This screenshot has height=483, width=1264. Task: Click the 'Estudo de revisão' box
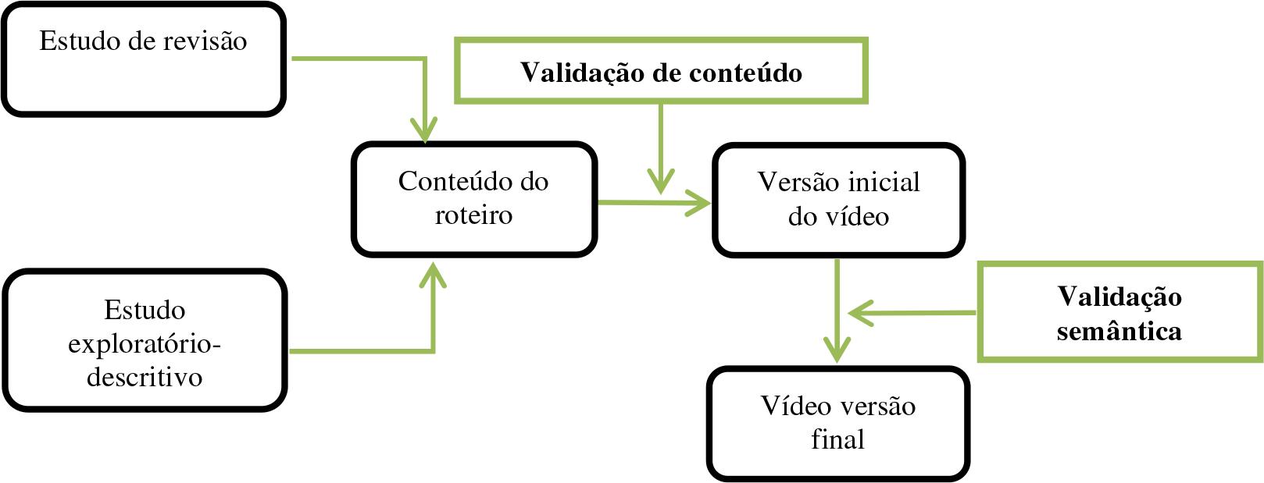coord(143,59)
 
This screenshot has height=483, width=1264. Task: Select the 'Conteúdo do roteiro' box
coord(473,199)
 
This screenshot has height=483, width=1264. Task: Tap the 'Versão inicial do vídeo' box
coord(838,200)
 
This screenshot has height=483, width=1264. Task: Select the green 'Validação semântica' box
coord(1119,313)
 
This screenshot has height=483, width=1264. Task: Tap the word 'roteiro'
coord(473,215)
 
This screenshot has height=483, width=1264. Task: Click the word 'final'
coord(837,439)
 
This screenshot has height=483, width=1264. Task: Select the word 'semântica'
coord(1119,331)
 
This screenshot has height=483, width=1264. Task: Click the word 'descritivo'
coord(145,377)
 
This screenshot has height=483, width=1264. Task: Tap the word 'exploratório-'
coord(145,343)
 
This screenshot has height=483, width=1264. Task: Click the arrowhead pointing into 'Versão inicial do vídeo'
coord(700,204)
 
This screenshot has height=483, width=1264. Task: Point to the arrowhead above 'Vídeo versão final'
coord(837,351)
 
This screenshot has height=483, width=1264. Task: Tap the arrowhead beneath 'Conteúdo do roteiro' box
coord(432,273)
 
